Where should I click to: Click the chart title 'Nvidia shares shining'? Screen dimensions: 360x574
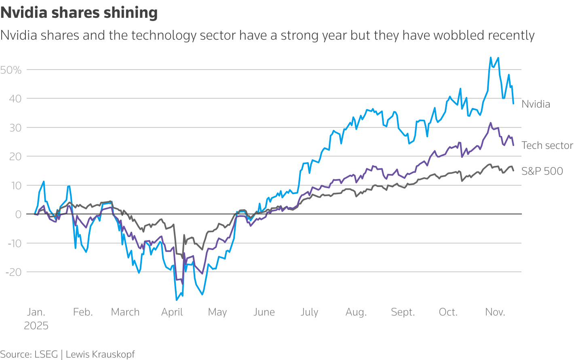tap(79, 13)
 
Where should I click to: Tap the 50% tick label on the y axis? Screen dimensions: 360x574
tap(11, 70)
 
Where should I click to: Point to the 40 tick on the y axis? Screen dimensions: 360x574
tap(15, 99)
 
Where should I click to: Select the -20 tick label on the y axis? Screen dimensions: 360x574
tap(13, 272)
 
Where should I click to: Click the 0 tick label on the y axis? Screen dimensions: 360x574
tap(18, 214)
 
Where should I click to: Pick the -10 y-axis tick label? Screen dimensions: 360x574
tap(13, 243)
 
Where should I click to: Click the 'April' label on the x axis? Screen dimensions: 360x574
tap(172, 312)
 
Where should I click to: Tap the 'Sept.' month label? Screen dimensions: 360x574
tap(403, 312)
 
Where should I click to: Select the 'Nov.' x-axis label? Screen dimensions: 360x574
tap(495, 312)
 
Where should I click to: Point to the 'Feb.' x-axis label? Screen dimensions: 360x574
tap(83, 312)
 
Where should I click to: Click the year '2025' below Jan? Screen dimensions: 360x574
tap(36, 326)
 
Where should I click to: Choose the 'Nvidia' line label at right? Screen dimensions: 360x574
tap(536, 104)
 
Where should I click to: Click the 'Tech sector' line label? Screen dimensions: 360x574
tap(547, 146)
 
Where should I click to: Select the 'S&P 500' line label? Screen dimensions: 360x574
tap(542, 172)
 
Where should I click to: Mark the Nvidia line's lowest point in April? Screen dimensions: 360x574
tap(176, 300)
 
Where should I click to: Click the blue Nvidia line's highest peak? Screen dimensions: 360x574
tap(491, 57)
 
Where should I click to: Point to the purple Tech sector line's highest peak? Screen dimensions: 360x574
tap(491, 123)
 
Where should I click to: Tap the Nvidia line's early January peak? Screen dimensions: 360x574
tap(44, 182)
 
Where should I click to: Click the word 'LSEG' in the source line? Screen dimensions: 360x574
tap(46, 354)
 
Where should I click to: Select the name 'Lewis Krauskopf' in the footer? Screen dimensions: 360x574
tap(100, 354)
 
